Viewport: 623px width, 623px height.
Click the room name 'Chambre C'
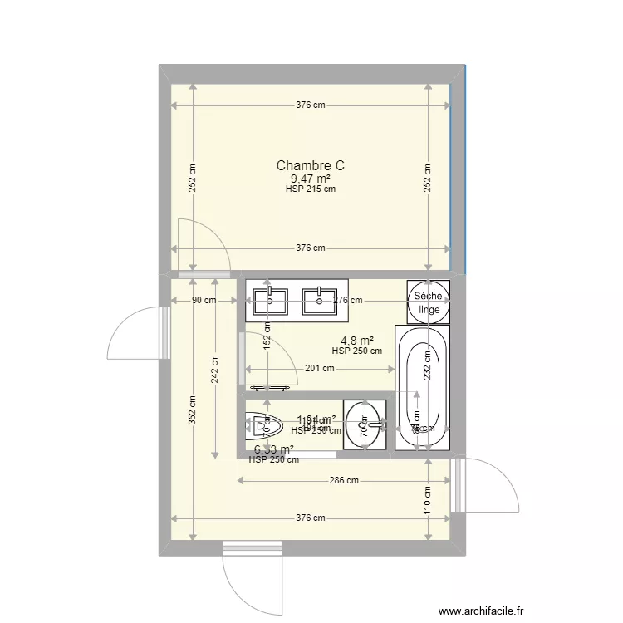click(x=310, y=166)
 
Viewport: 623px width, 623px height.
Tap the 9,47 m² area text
click(x=310, y=179)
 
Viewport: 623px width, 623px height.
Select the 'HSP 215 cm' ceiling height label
click(x=310, y=189)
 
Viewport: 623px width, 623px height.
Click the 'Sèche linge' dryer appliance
click(x=429, y=302)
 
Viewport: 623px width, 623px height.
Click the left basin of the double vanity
click(x=271, y=300)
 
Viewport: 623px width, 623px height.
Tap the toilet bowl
click(x=259, y=426)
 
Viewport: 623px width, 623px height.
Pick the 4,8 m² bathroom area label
click(x=356, y=340)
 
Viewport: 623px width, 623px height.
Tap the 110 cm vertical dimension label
click(x=428, y=498)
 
